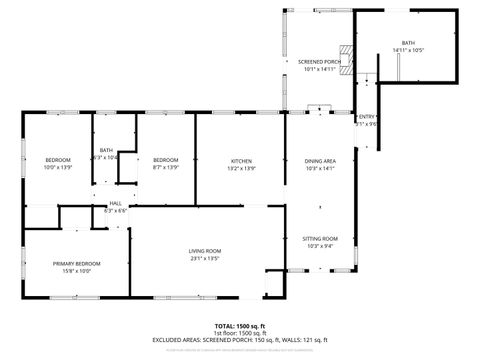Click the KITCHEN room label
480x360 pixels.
(241, 161)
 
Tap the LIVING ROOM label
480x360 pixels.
(205, 250)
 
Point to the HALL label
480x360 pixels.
(115, 203)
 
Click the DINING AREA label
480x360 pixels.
(320, 161)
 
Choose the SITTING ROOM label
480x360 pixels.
(320, 239)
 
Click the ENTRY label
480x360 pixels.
(367, 117)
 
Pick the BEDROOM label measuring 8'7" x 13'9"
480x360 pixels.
(165, 161)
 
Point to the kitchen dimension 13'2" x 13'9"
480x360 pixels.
(241, 168)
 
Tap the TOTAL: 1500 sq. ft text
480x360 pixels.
(240, 325)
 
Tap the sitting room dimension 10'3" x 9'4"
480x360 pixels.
(320, 246)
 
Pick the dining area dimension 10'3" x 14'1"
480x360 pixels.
(320, 168)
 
